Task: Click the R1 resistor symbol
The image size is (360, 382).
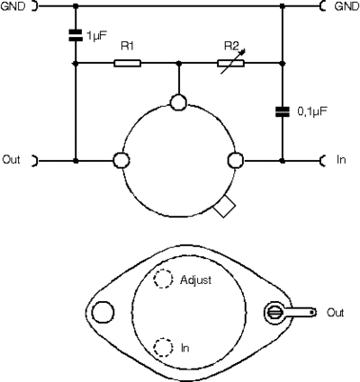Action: [127, 63]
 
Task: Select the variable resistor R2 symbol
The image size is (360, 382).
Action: [230, 63]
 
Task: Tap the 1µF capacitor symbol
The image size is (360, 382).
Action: [76, 35]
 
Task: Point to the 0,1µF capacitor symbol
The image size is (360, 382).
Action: [282, 111]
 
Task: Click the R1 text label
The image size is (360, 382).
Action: [127, 46]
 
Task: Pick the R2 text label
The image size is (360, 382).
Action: [231, 46]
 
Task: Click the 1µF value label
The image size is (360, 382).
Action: [96, 36]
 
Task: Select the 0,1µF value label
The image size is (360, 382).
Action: [312, 111]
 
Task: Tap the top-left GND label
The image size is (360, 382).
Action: [13, 6]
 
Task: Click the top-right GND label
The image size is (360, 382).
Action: [346, 6]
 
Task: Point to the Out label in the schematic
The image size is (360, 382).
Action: [11, 159]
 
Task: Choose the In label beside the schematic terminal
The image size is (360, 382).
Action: [341, 160]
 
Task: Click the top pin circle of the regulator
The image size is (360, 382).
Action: [179, 102]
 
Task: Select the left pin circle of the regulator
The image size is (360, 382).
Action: [121, 160]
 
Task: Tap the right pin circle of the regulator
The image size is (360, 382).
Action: [236, 160]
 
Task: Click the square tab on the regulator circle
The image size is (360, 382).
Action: [224, 207]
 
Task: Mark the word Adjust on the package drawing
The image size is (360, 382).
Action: [195, 280]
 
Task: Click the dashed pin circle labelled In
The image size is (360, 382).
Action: [163, 348]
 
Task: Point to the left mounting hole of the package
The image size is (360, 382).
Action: [103, 312]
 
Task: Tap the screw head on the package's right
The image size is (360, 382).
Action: [274, 313]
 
